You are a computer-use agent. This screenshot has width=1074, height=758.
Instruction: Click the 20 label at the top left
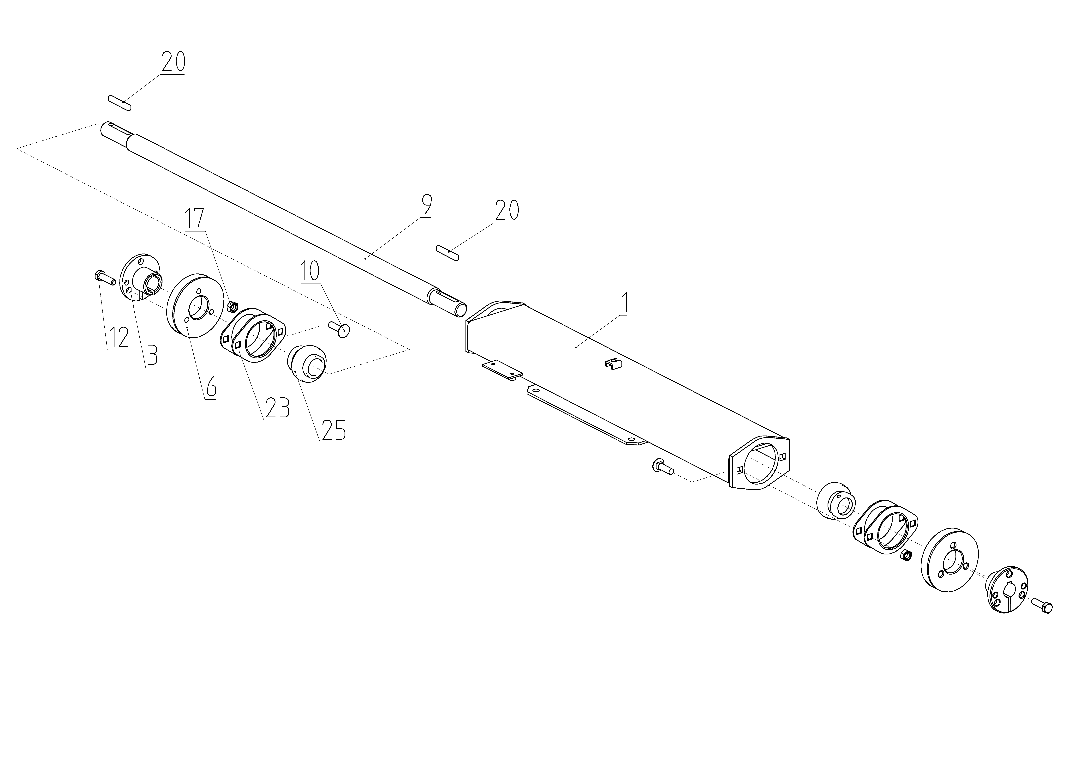[x=173, y=61]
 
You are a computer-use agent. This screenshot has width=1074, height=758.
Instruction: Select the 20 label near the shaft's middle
[x=507, y=211]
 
